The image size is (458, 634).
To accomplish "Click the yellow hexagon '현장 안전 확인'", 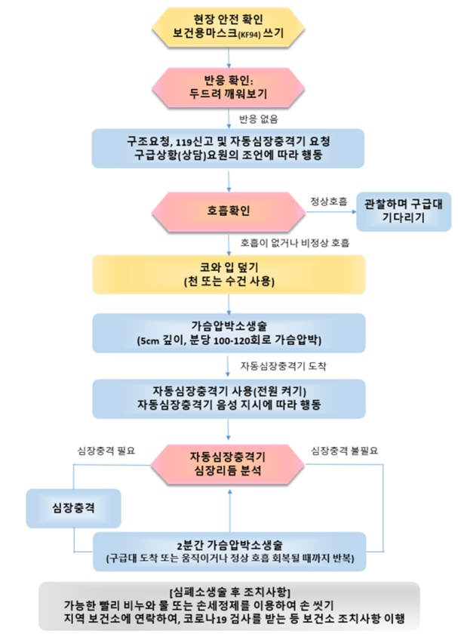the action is pyautogui.click(x=229, y=26).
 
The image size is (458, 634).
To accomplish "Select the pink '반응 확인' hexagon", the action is pyautogui.click(x=229, y=88).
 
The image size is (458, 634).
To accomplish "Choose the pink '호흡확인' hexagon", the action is pyautogui.click(x=229, y=211).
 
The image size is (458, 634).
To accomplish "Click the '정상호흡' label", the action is pyautogui.click(x=329, y=201).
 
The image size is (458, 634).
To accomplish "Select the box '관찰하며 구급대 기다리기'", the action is pyautogui.click(x=404, y=211).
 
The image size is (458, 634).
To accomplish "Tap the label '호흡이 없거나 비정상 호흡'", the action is pyautogui.click(x=295, y=242).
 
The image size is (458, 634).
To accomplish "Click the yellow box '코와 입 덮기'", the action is pyautogui.click(x=229, y=275).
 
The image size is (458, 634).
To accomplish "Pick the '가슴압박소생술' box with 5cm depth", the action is pyautogui.click(x=229, y=333).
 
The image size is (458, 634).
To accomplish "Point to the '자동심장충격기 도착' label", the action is pyautogui.click(x=283, y=366).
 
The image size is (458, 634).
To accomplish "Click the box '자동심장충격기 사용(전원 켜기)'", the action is pyautogui.click(x=229, y=399).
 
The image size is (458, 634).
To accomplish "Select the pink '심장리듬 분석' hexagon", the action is pyautogui.click(x=228, y=464).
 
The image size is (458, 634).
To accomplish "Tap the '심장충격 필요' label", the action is pyautogui.click(x=106, y=451).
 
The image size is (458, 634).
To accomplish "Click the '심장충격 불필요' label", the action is pyautogui.click(x=344, y=451).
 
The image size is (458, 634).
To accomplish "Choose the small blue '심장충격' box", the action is pyautogui.click(x=74, y=508).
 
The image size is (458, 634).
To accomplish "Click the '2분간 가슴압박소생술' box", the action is pyautogui.click(x=229, y=552).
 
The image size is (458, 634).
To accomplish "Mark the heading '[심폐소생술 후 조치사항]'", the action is pyautogui.click(x=230, y=592).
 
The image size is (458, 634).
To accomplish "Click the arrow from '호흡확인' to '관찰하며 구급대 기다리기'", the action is pyautogui.click(x=330, y=212).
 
